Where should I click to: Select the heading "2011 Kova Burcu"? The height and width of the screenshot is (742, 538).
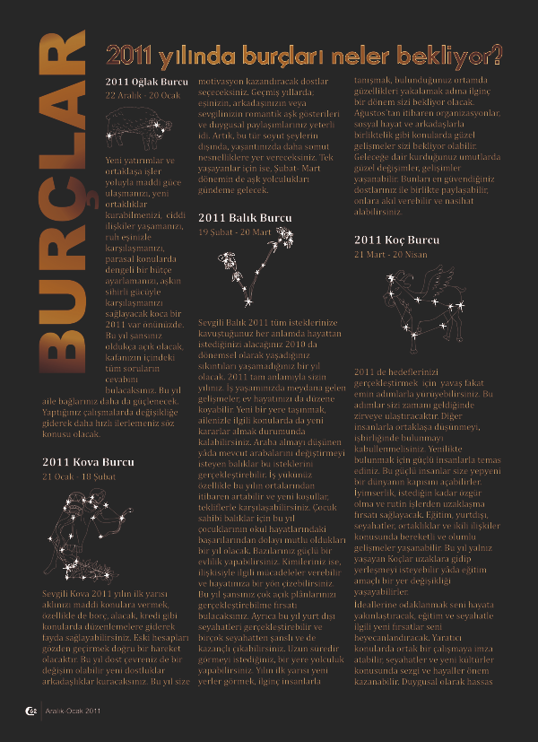coord(88,462)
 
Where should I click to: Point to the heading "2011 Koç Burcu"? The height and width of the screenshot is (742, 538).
coord(396,240)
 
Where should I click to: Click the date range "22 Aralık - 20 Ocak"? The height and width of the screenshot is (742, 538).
coord(143,95)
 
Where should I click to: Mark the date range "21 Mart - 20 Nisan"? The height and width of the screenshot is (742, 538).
coord(392,254)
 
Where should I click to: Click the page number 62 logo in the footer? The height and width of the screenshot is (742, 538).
coord(30,712)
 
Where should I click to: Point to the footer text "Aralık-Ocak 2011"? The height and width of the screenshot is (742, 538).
coord(73,712)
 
